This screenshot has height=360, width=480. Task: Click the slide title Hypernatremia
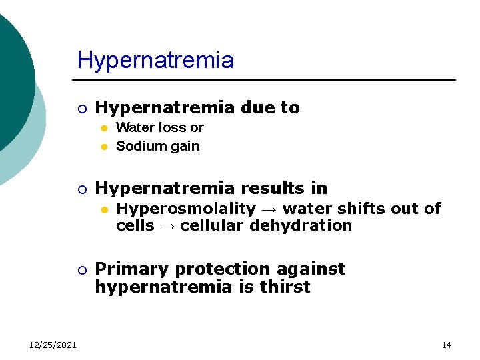click(x=155, y=60)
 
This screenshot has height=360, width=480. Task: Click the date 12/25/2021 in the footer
click(x=53, y=345)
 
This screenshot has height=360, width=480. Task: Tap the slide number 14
click(x=446, y=345)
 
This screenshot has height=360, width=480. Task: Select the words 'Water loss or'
click(x=160, y=127)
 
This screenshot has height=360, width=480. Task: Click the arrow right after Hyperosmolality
click(x=268, y=209)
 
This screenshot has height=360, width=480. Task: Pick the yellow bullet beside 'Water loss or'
click(x=103, y=128)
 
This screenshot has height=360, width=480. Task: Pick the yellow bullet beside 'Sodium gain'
click(x=103, y=147)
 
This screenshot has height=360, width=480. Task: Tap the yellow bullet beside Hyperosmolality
click(x=103, y=209)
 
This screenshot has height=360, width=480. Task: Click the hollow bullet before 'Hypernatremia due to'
click(x=81, y=108)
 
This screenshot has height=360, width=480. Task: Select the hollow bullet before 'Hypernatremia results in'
click(x=81, y=189)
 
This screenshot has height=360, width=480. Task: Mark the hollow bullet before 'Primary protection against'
click(x=81, y=269)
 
